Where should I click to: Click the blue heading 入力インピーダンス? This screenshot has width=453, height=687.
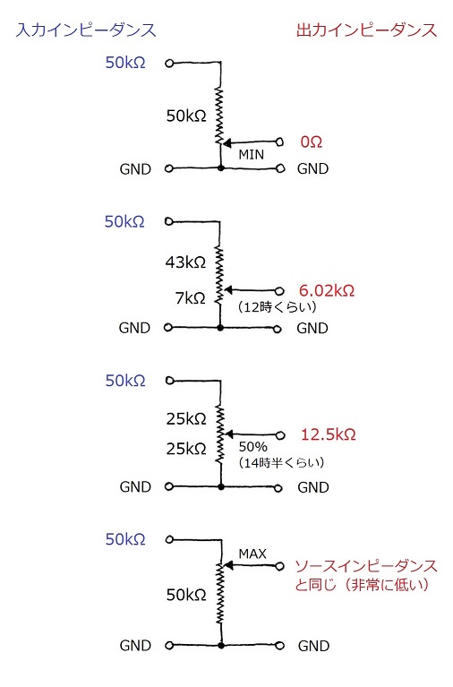pyautogui.click(x=86, y=30)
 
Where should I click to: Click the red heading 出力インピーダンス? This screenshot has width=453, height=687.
pyautogui.click(x=367, y=30)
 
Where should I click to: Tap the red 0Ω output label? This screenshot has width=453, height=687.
pyautogui.click(x=312, y=142)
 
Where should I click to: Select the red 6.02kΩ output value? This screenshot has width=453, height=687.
pyautogui.click(x=327, y=290)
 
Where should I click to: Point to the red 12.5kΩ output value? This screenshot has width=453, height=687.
pyautogui.click(x=329, y=434)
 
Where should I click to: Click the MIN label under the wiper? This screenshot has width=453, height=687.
pyautogui.click(x=251, y=155)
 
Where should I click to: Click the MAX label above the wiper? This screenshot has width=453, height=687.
pyautogui.click(x=252, y=554)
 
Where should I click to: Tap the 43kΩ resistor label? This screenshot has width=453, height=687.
pyautogui.click(x=185, y=262)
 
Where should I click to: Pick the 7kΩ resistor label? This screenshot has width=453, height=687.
pyautogui.click(x=190, y=298)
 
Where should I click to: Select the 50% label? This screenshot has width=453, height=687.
pyautogui.click(x=252, y=447)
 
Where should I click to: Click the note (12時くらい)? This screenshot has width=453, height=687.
pyautogui.click(x=277, y=306)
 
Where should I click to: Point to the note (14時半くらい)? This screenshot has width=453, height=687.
pyautogui.click(x=281, y=463)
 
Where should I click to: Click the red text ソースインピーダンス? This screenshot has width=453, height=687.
pyautogui.click(x=366, y=566)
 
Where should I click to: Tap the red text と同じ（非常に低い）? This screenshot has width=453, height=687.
pyautogui.click(x=362, y=585)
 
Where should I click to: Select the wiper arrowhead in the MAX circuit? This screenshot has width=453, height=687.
pyautogui.click(x=228, y=566)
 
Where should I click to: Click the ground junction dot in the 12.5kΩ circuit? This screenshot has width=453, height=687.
pyautogui.click(x=221, y=486)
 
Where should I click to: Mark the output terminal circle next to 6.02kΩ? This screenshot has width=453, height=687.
pyautogui.click(x=279, y=291)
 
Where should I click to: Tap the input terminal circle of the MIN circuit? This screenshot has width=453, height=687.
pyautogui.click(x=169, y=64)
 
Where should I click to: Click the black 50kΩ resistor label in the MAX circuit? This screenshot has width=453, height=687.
pyautogui.click(x=186, y=595)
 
